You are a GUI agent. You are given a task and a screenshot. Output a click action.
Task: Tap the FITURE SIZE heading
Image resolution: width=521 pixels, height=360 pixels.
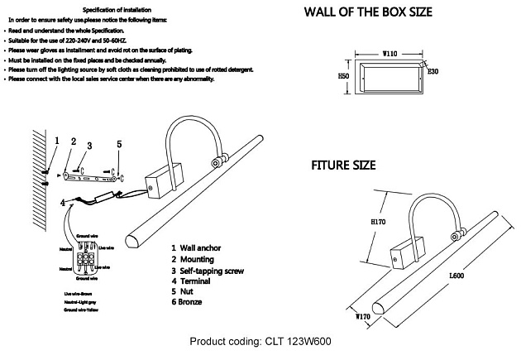point(343,166)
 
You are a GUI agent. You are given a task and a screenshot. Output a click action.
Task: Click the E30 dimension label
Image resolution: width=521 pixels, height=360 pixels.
point(433,72)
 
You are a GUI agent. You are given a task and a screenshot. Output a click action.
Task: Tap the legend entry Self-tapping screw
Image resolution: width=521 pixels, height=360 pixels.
point(216,271)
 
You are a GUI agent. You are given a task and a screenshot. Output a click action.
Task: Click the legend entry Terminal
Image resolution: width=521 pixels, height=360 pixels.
point(199,281)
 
